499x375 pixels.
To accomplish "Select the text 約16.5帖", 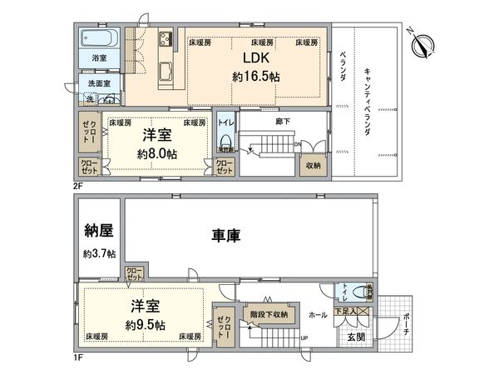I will point(254,76).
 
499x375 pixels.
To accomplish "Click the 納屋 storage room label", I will point(99,231).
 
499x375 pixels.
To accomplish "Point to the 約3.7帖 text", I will point(99,253).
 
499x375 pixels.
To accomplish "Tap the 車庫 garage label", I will point(225,236).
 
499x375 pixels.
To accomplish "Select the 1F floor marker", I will point(78,361).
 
